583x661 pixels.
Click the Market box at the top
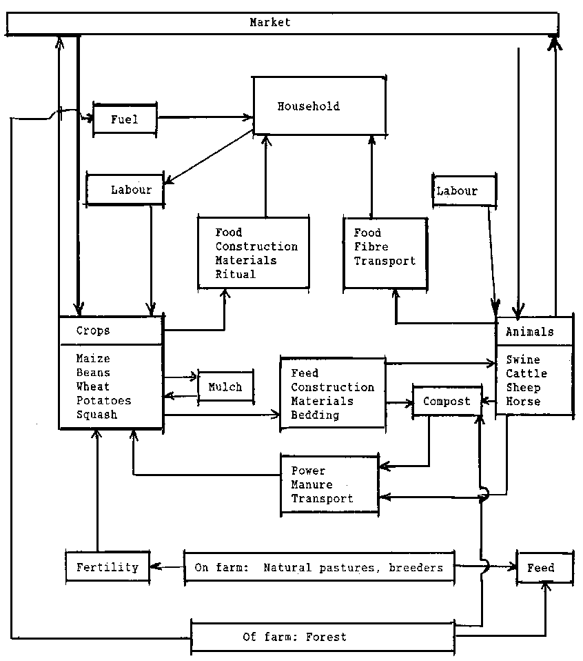pos(281,23)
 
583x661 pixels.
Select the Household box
pos(318,106)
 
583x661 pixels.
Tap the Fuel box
pos(125,119)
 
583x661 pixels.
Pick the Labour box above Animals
pos(464,190)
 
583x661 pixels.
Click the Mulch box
pos(225,387)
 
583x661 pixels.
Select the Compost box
pos(447,401)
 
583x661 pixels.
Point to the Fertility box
pos(108,568)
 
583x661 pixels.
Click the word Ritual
pos(235,274)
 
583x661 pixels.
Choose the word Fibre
pos(371,246)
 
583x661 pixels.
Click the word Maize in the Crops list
pos(93,359)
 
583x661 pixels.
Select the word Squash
pos(96,415)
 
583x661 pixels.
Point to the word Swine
pos(523,359)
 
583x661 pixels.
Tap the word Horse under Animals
pos(523,401)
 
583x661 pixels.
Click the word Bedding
pos(315,415)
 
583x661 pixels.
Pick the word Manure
pos(311,484)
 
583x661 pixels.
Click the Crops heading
pos(93,330)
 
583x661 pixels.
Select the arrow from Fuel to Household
pos(204,119)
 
